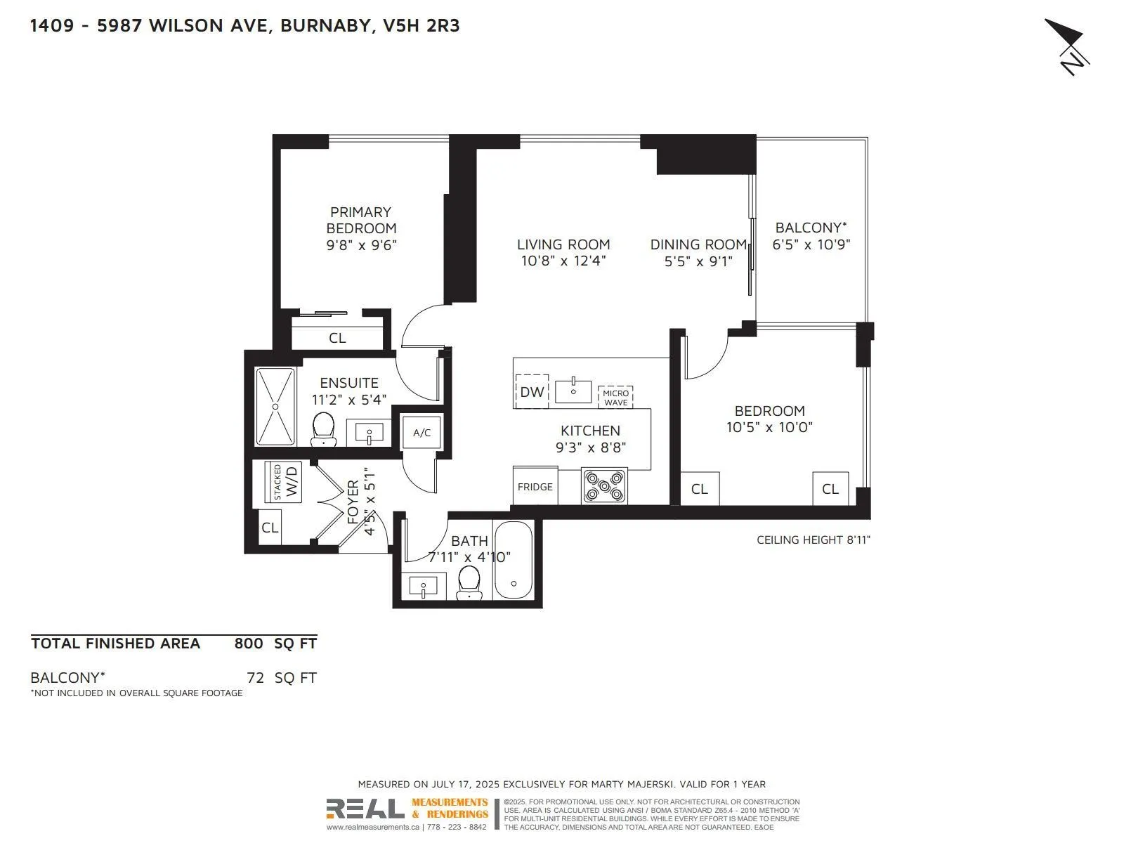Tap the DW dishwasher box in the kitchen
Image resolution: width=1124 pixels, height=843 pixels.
coord(532,391)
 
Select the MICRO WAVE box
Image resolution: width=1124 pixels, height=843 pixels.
coord(615,398)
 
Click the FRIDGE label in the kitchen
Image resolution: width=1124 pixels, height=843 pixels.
coord(535,487)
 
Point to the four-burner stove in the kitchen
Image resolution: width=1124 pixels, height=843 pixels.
coord(604,487)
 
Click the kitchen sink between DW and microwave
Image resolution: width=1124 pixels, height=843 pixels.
coord(573,391)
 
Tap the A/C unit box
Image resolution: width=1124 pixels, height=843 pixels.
coord(421,433)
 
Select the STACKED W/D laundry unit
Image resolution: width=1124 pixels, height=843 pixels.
coord(284,482)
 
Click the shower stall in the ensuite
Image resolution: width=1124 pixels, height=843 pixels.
coord(275,407)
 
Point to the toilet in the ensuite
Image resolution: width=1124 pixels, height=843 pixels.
coord(323,428)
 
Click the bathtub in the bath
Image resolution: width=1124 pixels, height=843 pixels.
coord(514,560)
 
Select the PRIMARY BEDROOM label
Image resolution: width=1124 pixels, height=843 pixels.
coord(361,220)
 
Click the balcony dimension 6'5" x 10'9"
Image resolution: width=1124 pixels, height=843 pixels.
coord(811,244)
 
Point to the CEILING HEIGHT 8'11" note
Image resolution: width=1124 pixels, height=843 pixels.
coord(813,540)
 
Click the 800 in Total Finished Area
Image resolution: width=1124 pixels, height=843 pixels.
coord(249,643)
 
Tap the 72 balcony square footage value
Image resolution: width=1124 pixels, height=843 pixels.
coord(255,678)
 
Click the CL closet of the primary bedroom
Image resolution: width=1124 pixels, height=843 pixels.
coord(337,338)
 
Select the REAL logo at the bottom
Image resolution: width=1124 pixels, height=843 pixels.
coord(365,809)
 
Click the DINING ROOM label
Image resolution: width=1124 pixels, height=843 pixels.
coord(698,244)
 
